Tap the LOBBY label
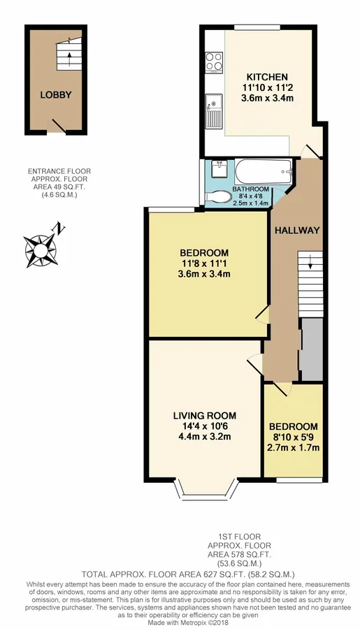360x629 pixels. pyautogui.click(x=56, y=95)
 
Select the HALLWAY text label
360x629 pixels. pyautogui.click(x=297, y=230)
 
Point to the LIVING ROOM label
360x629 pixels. pyautogui.click(x=205, y=416)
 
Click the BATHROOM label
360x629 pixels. pyautogui.click(x=251, y=189)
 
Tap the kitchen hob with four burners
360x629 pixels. pyautogui.click(x=215, y=62)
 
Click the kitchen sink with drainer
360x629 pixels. pyautogui.click(x=214, y=111)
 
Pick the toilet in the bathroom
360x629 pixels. pyautogui.click(x=218, y=197)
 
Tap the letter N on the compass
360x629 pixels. pyautogui.click(x=59, y=229)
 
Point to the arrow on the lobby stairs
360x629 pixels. pyautogui.click(x=69, y=59)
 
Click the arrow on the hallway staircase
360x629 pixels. pyautogui.click(x=310, y=263)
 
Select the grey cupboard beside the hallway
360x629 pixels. pyautogui.click(x=312, y=349)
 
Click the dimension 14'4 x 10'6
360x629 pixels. pyautogui.click(x=205, y=426)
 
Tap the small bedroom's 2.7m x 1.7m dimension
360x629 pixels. pyautogui.click(x=294, y=447)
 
